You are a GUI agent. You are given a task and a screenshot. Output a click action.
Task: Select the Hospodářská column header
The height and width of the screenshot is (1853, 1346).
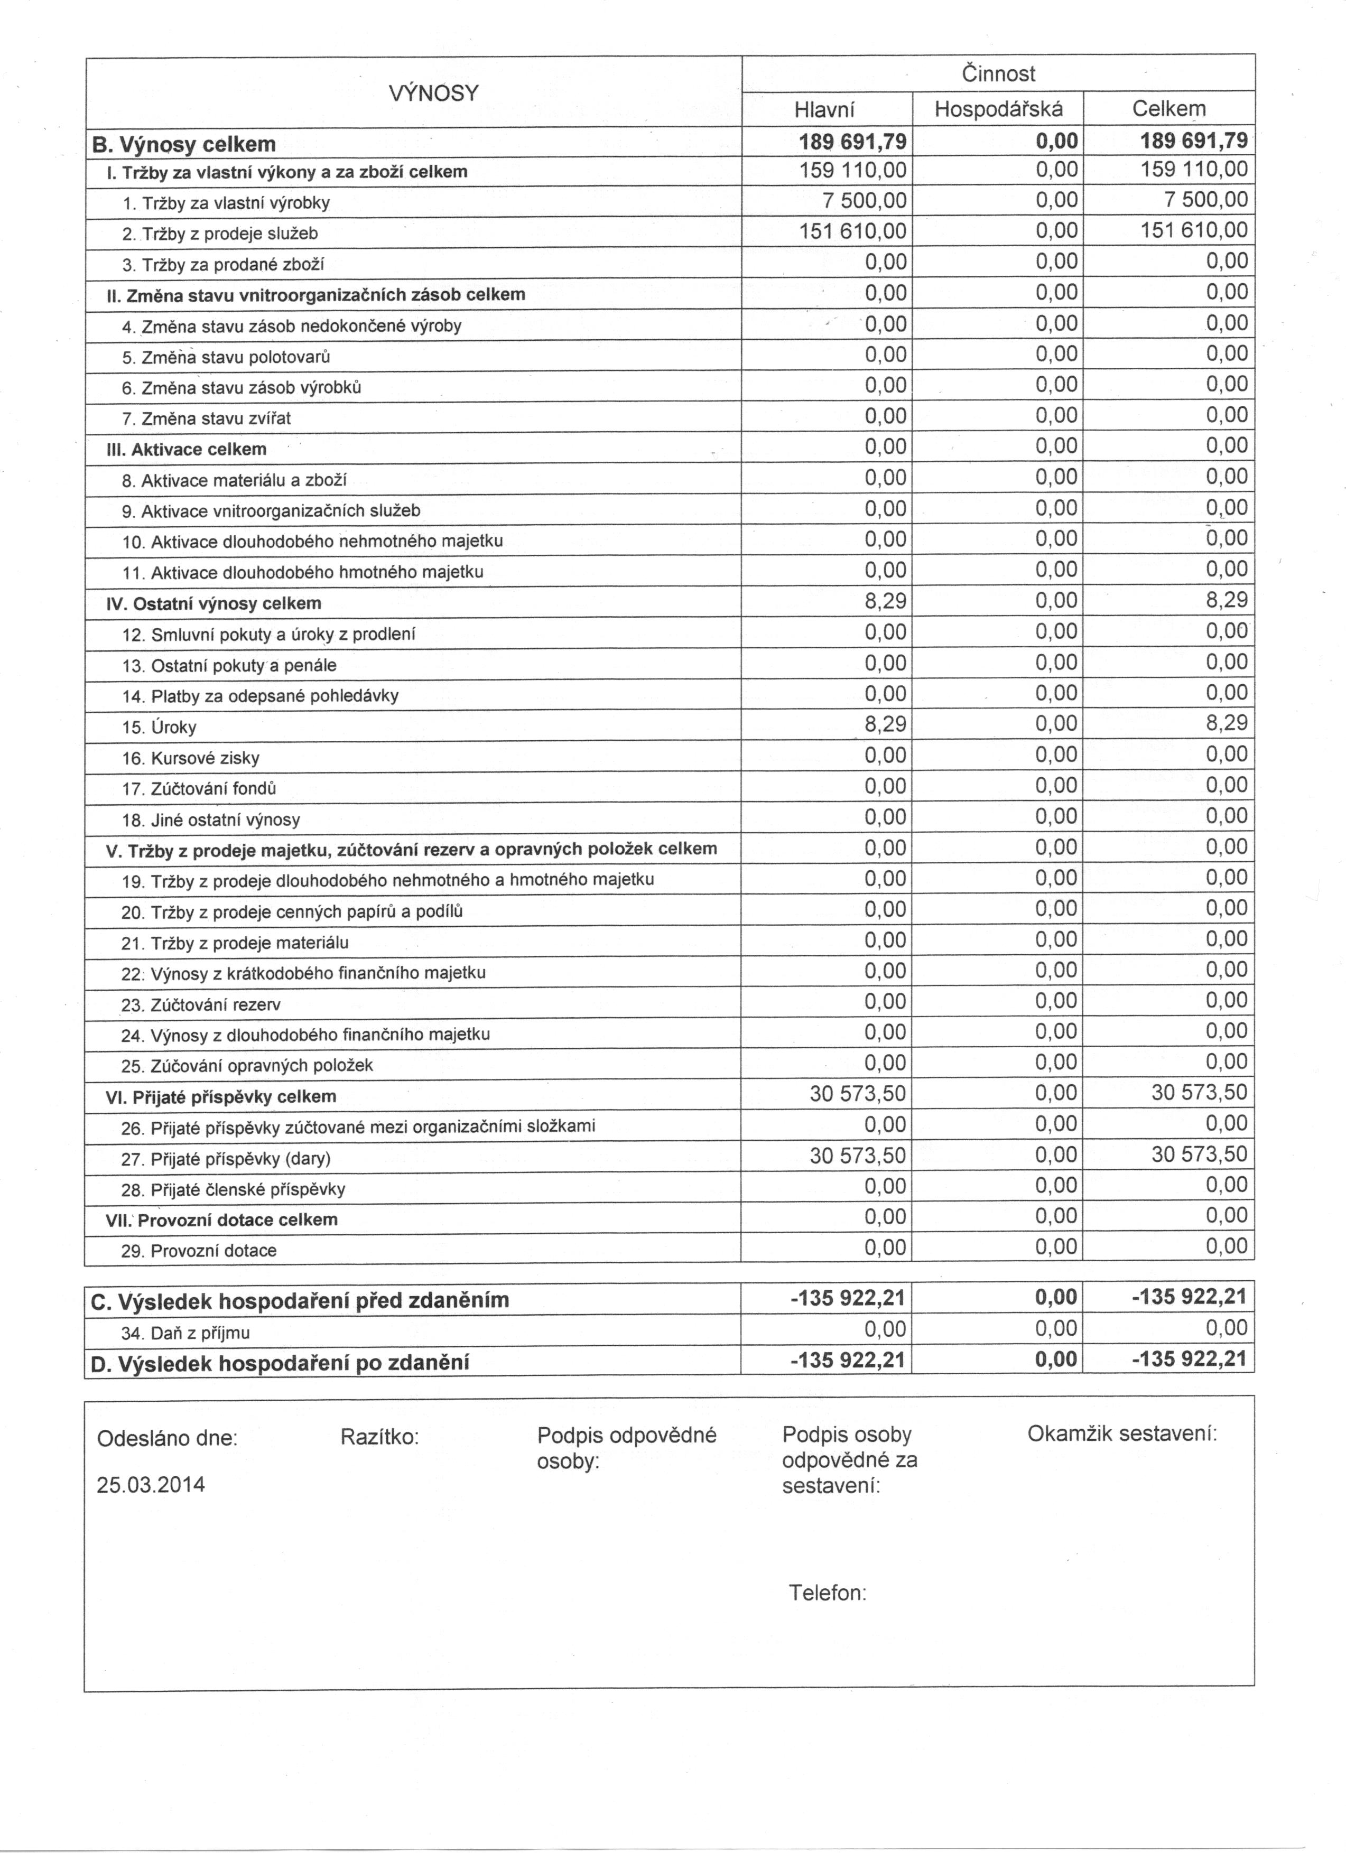tap(998, 109)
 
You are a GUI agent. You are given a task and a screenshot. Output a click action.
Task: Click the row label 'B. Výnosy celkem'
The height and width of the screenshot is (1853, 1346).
tap(184, 145)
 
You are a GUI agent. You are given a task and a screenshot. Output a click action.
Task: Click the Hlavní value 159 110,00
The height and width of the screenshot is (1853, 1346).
tap(852, 170)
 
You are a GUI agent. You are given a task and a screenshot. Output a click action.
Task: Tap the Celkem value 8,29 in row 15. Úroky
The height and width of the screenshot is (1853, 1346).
tap(1227, 723)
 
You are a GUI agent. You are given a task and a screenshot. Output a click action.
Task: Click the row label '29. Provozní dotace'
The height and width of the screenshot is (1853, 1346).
tap(199, 1251)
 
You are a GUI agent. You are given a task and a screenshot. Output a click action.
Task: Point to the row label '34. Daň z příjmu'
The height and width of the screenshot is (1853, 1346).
tap(185, 1334)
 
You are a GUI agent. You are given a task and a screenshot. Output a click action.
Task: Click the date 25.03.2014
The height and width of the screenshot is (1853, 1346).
tap(151, 1485)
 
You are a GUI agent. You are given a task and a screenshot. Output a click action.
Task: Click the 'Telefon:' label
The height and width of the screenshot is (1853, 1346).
tap(827, 1593)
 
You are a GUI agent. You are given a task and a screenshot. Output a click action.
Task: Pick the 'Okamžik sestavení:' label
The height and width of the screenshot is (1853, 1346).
tap(1122, 1434)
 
